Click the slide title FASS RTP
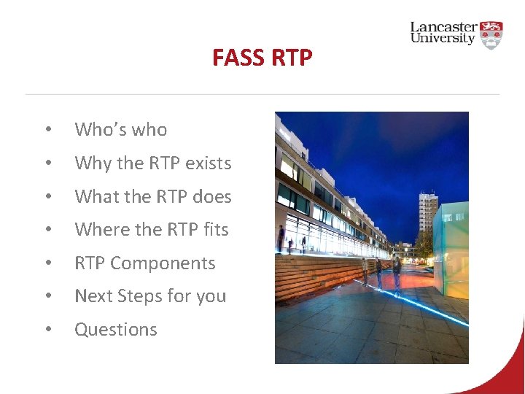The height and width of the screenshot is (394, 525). point(262,57)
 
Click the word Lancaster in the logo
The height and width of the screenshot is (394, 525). point(443,27)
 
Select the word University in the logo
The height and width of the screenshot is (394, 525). point(443,39)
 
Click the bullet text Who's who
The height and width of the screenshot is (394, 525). point(121,130)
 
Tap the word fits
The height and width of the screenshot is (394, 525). point(216,230)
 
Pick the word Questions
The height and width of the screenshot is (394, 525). point(116,330)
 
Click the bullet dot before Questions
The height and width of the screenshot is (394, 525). point(47,331)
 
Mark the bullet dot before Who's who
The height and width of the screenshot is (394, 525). point(47,131)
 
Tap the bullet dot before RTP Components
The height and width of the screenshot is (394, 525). point(47,264)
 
